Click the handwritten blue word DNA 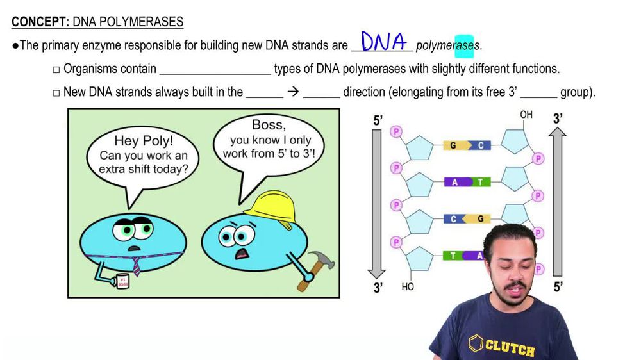(384, 42)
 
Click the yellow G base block (454, 145)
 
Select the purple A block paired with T (455, 182)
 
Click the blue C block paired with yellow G (454, 219)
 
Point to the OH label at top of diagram (526, 115)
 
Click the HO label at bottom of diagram (408, 287)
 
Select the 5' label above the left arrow (378, 120)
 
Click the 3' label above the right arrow (558, 119)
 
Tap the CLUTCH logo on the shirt (503, 347)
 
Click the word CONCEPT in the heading (38, 22)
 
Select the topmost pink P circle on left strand (395, 131)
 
